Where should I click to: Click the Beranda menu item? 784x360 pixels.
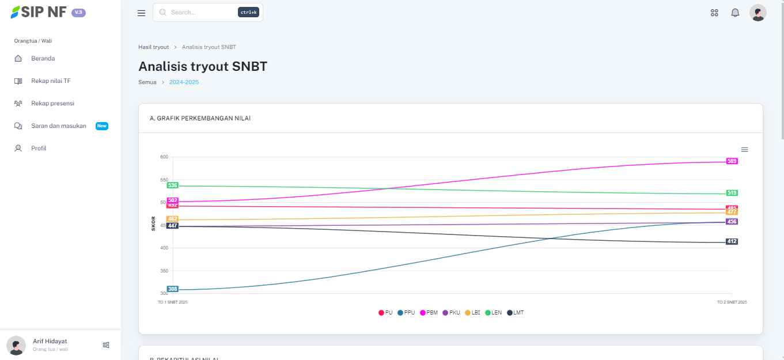pos(43,58)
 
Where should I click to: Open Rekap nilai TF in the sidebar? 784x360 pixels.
pos(51,81)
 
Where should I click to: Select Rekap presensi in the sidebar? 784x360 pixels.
pos(52,104)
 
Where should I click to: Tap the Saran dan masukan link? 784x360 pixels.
pos(58,126)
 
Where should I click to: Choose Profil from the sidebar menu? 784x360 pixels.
pos(39,149)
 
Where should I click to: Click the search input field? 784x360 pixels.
pos(202,12)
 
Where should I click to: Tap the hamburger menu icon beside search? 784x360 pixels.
pos(141,13)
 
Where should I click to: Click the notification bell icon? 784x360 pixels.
pos(735,13)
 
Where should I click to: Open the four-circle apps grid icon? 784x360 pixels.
pos(714,13)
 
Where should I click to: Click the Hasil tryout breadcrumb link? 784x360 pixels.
pos(153,47)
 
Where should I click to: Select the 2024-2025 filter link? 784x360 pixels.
pos(184,82)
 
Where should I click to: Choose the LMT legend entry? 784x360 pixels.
pos(516,313)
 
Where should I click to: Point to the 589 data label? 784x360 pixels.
pos(732,161)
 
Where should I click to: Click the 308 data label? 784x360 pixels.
pos(173,289)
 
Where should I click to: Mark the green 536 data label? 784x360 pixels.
pos(173,185)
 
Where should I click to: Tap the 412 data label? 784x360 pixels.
pos(732,241)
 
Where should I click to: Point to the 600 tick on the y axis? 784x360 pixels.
pos(164,157)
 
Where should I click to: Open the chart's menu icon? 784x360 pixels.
pos(744,149)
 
